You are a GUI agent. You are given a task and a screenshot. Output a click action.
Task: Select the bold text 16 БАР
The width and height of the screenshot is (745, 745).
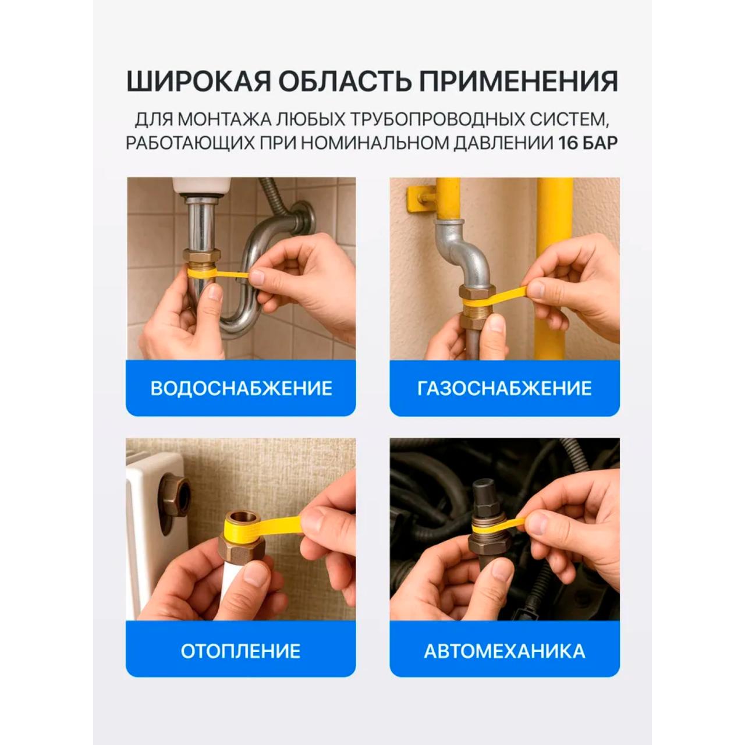(588, 143)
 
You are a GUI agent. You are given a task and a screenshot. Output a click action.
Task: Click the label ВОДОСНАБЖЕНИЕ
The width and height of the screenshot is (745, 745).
(241, 388)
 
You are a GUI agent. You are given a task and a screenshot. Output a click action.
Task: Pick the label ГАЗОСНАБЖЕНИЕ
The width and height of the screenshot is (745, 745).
(505, 388)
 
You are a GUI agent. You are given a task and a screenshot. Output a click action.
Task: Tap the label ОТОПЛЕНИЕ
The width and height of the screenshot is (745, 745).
(240, 651)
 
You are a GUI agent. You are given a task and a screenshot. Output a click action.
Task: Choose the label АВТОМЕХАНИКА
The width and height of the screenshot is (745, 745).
(505, 651)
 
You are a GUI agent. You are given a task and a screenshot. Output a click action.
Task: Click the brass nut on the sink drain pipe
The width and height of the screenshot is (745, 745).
(201, 256)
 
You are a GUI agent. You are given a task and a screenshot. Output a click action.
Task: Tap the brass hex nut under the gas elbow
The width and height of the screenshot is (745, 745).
(477, 292)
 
